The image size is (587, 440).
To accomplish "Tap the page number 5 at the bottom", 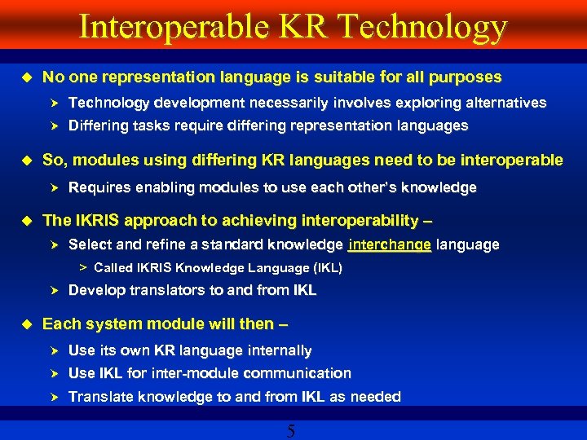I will [x=291, y=431].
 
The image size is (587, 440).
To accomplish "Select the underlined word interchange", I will [x=389, y=244].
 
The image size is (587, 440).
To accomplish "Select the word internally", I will [x=278, y=350].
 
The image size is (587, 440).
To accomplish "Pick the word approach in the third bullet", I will [x=148, y=221].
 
